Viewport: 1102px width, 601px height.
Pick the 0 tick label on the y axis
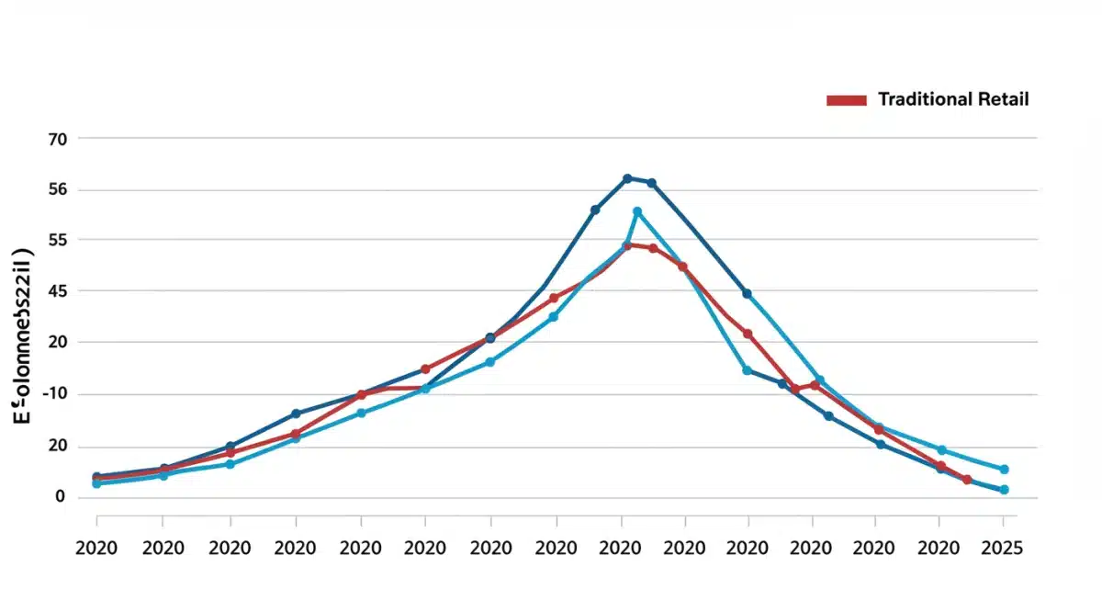point(61,497)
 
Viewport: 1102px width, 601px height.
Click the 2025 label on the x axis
point(1003,548)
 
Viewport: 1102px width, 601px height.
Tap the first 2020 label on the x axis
point(96,548)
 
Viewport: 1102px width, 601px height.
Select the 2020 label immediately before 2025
point(939,548)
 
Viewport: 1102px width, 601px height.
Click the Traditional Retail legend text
point(953,99)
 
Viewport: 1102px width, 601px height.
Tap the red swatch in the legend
point(846,100)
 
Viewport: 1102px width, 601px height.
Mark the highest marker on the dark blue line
point(627,178)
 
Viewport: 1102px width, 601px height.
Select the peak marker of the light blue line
point(637,212)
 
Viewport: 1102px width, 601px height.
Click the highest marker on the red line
point(628,244)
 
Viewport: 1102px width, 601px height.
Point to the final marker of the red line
point(967,480)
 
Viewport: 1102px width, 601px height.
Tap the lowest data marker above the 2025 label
point(1004,490)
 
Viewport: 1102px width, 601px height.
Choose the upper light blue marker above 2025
point(1004,470)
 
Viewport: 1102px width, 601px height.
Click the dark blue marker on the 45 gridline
point(747,294)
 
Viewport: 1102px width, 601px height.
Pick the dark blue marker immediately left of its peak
point(595,210)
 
